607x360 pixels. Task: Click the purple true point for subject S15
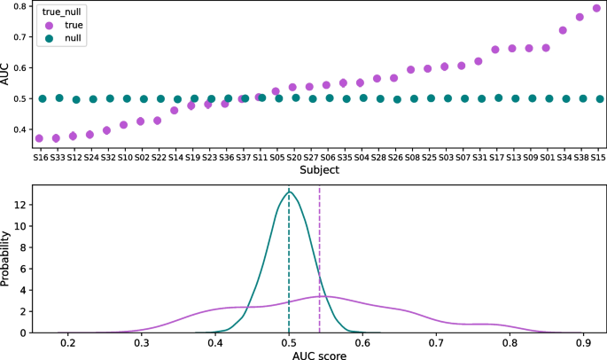597,9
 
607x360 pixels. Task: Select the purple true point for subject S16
39,138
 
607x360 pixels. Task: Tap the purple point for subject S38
580,17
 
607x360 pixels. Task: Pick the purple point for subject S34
563,30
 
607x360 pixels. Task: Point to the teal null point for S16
42,98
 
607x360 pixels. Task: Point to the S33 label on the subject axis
58,157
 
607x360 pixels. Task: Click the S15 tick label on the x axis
598,157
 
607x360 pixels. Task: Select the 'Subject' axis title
319,169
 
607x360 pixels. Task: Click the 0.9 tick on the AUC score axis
581,340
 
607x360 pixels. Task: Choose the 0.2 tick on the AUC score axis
67,340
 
